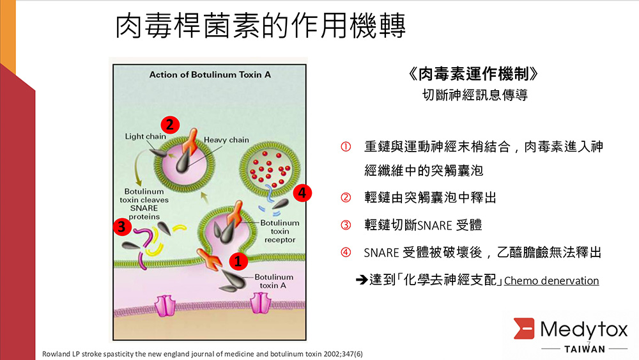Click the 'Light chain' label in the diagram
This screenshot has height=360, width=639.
pyautogui.click(x=146, y=136)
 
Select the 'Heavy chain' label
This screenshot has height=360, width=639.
pyautogui.click(x=226, y=139)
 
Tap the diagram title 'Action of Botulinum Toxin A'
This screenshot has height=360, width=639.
pyautogui.click(x=210, y=74)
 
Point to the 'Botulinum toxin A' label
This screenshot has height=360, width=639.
pyautogui.click(x=274, y=281)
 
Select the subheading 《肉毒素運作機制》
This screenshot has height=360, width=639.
pyautogui.click(x=477, y=74)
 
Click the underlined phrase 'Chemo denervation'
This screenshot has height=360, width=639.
pyautogui.click(x=551, y=280)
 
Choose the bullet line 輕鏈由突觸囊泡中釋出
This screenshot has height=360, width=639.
pyautogui.click(x=430, y=198)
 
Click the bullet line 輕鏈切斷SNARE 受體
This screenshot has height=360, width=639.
pyautogui.click(x=423, y=225)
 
